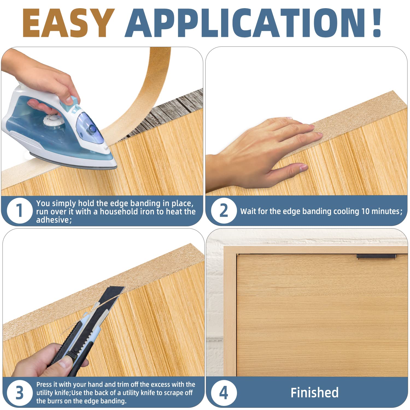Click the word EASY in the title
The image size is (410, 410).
pos(68,23)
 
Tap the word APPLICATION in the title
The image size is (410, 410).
pos(245,23)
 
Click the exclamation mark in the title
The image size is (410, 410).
pos(377,23)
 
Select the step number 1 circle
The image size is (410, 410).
pos(19,211)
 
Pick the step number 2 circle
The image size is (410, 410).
pos(224,211)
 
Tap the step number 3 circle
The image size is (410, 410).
pos(19,393)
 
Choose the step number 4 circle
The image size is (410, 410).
pos(224,393)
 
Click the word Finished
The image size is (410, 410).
pos(314,393)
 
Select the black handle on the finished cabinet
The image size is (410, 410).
pos(376,256)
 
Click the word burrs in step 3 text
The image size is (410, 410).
pos(58,401)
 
